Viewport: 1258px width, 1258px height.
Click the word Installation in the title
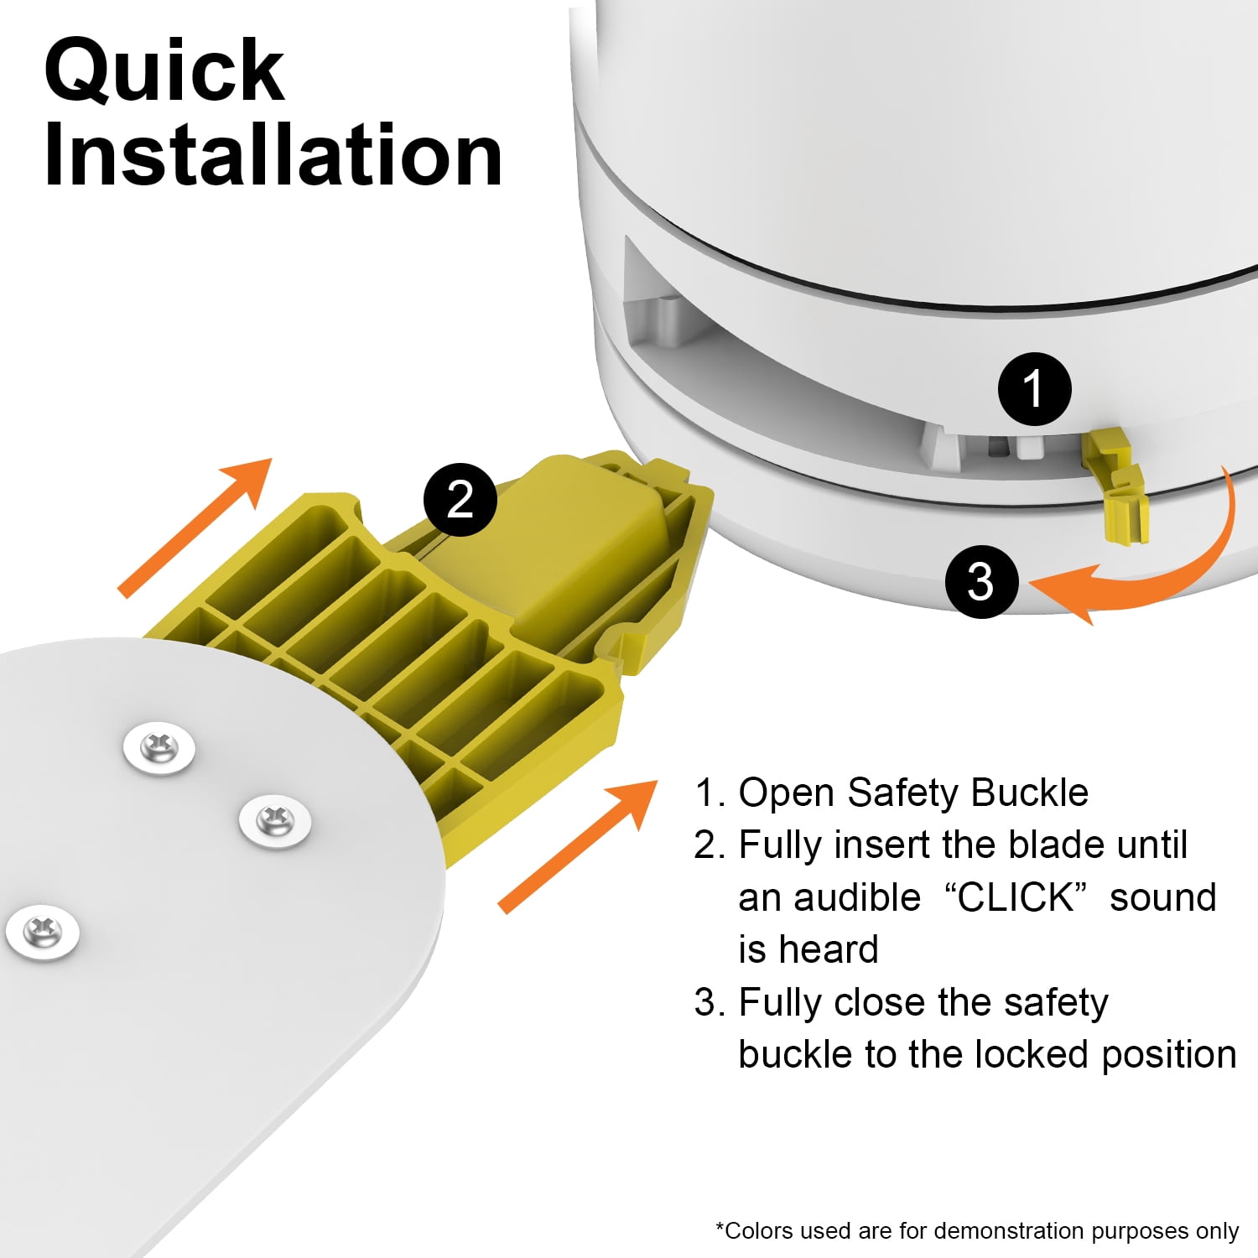tap(273, 155)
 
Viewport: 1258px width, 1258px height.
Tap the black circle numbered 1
tap(1034, 389)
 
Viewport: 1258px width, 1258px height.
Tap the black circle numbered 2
tap(460, 500)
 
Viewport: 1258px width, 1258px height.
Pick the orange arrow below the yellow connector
tap(578, 845)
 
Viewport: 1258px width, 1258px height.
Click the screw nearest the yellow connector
tap(159, 748)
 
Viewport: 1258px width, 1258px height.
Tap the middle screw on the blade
tap(275, 821)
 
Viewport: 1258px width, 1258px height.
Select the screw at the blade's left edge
tap(43, 932)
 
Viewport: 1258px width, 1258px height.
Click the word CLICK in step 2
tap(1016, 897)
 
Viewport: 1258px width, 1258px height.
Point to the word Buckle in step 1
tap(1029, 793)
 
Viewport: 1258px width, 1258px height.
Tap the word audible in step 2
tap(857, 897)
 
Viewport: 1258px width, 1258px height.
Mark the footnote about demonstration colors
tap(977, 1230)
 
